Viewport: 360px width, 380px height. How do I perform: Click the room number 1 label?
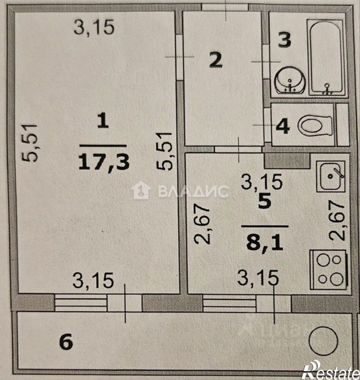tap(102, 121)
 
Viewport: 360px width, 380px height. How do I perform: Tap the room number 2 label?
tap(215, 61)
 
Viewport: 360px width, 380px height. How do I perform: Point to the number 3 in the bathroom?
tap(284, 40)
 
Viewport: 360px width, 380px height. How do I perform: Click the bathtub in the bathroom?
tap(327, 57)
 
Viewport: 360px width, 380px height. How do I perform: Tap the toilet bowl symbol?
tap(315, 125)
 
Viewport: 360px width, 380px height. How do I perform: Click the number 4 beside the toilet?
tap(283, 126)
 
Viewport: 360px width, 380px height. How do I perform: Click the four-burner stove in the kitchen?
tap(328, 270)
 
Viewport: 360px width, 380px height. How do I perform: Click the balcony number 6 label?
tap(67, 342)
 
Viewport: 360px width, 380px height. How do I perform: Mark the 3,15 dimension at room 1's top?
tap(94, 27)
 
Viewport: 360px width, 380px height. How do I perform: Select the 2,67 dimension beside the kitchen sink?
tap(338, 220)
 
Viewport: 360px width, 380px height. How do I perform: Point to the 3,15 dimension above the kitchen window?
tap(258, 278)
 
